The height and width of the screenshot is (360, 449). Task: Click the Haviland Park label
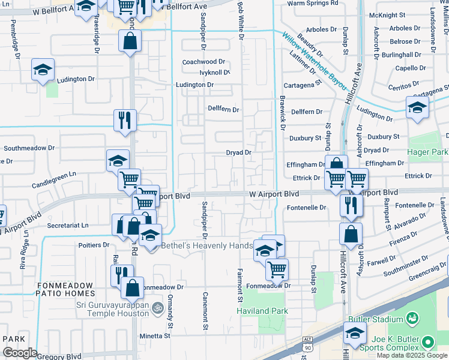tap(262, 311)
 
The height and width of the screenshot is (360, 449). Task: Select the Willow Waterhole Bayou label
tap(316, 61)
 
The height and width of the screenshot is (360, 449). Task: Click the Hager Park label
tap(429, 153)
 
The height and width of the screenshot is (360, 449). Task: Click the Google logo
tap(20, 352)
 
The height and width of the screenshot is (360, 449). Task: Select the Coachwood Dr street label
tap(203, 62)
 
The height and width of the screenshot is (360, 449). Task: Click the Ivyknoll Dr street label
tap(207, 73)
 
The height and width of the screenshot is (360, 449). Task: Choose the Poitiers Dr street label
tap(94, 245)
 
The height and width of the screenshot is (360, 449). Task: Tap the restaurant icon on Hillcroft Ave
tap(349, 205)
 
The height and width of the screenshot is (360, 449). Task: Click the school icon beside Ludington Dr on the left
tap(43, 71)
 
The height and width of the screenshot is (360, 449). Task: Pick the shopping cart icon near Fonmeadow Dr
tap(276, 270)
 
